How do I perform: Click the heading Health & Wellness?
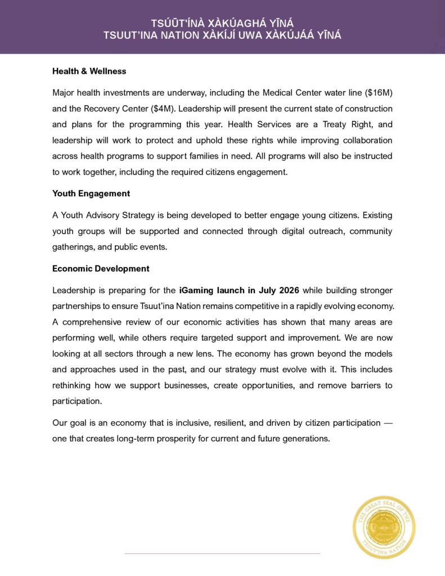pyautogui.click(x=89, y=71)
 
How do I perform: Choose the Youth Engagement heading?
pyautogui.click(x=91, y=193)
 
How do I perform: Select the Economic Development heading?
pyautogui.click(x=101, y=268)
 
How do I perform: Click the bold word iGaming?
pyautogui.click(x=197, y=290)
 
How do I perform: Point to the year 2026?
pyautogui.click(x=287, y=290)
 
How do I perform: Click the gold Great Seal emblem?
pyautogui.click(x=384, y=526)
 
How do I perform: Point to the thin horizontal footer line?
pyautogui.click(x=222, y=553)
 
